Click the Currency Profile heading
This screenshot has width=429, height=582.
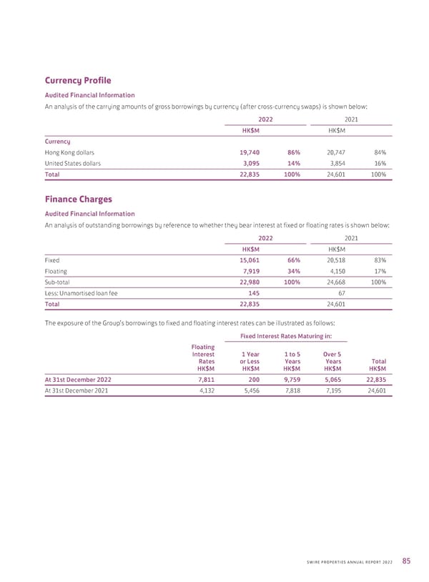point(78,81)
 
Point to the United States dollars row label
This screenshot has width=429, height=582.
point(72,163)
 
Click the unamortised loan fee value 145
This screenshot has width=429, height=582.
point(253,293)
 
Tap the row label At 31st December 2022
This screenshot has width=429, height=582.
point(78,380)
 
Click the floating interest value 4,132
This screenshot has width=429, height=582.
point(204,391)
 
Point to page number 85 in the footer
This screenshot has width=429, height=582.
point(405,560)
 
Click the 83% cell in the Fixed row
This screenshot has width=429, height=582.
point(380,260)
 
